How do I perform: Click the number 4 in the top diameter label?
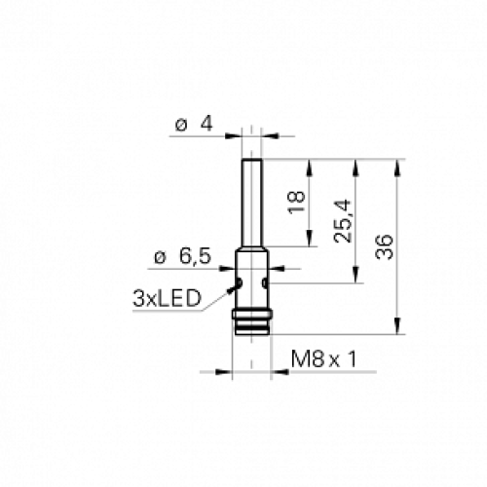coord(206,125)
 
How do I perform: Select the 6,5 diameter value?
coord(195,256)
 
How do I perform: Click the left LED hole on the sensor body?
coord(239,284)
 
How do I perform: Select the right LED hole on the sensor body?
coord(266,284)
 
